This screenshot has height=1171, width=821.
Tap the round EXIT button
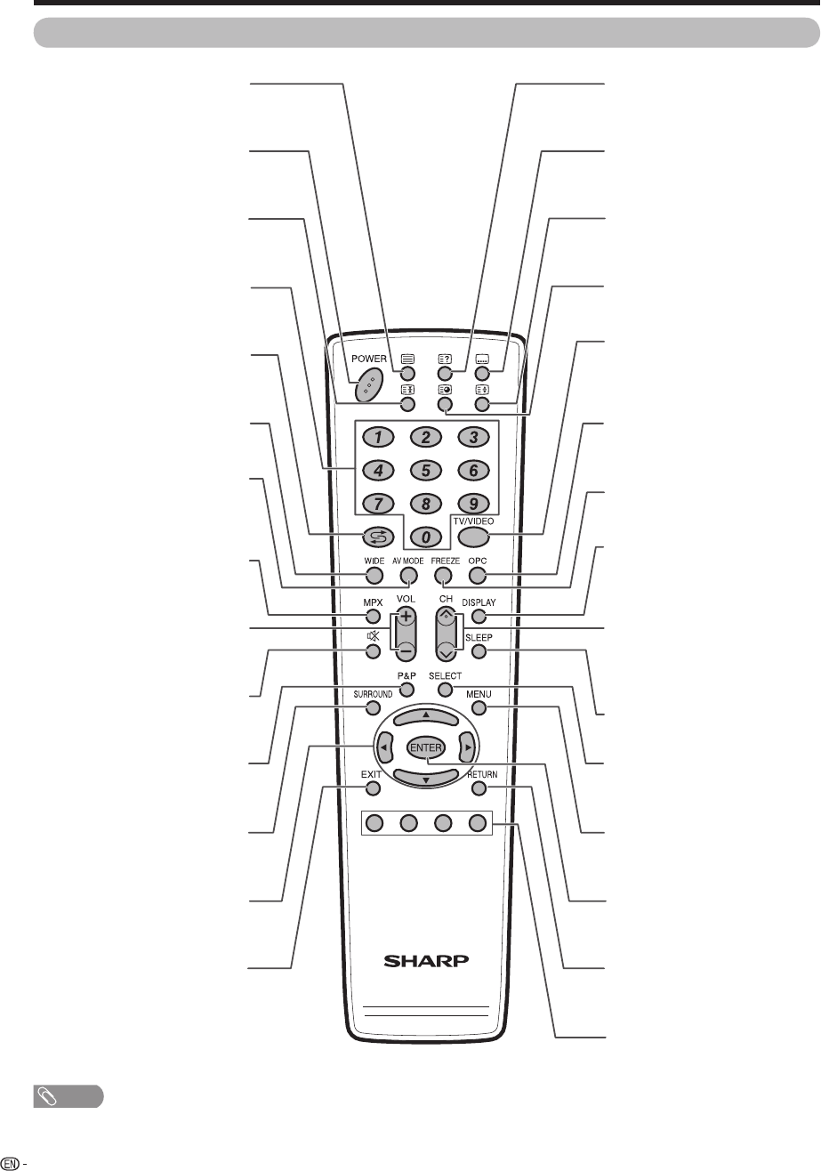pyautogui.click(x=372, y=787)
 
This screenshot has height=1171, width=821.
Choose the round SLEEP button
pyautogui.click(x=479, y=651)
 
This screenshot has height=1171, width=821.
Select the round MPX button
pyautogui.click(x=372, y=616)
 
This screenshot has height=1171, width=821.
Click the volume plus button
pyautogui.click(x=406, y=616)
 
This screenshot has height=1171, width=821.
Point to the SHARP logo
pyautogui.click(x=425, y=961)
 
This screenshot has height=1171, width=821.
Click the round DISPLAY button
pyautogui.click(x=479, y=616)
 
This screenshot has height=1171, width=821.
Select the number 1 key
pyautogui.click(x=378, y=437)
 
